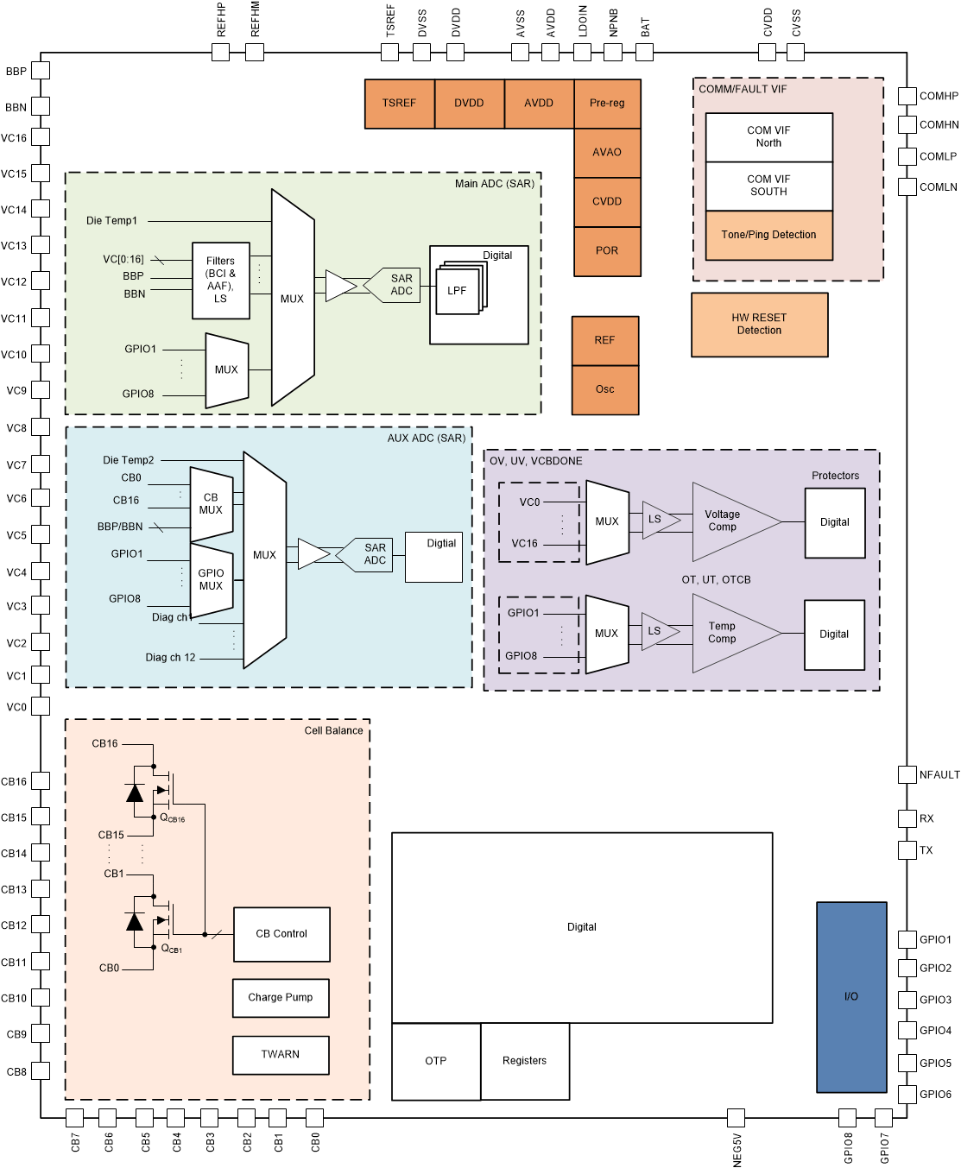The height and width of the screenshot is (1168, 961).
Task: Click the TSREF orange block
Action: (399, 104)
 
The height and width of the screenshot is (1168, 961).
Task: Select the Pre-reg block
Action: (607, 104)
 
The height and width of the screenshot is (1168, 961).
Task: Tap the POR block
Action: (607, 251)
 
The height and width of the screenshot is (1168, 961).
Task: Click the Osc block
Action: (605, 390)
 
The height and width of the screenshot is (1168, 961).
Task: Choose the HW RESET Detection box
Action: (759, 325)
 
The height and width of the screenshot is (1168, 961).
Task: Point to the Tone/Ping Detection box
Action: (768, 235)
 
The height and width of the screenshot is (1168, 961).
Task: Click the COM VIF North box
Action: (768, 137)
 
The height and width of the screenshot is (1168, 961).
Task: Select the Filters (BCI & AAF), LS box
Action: (221, 281)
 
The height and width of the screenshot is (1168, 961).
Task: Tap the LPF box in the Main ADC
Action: (457, 292)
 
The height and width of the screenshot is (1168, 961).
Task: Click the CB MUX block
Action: (211, 504)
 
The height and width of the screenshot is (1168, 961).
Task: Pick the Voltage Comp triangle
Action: (725, 521)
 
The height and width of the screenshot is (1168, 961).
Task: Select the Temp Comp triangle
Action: (724, 633)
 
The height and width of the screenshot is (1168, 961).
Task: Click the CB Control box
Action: (281, 934)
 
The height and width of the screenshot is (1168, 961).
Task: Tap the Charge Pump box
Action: (281, 998)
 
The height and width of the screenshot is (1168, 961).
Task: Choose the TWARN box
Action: (281, 1055)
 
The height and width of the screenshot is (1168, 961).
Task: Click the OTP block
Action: (436, 1062)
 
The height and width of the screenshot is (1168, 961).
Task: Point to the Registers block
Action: (525, 1062)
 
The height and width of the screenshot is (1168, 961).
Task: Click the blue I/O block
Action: (851, 997)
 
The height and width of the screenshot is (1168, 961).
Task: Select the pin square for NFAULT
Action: (907, 774)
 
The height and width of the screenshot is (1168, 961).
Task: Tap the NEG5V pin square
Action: (736, 1118)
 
